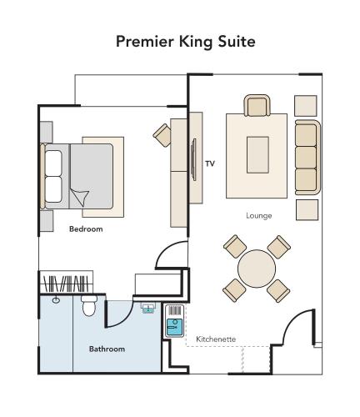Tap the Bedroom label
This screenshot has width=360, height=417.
pyautogui.click(x=86, y=229)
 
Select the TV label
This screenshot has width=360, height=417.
pyautogui.click(x=210, y=163)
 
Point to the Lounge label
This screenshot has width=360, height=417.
pyautogui.click(x=258, y=215)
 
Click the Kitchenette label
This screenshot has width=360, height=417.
pyautogui.click(x=216, y=339)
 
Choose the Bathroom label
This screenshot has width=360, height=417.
pyautogui.click(x=107, y=349)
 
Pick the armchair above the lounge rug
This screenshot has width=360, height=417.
pyautogui.click(x=257, y=106)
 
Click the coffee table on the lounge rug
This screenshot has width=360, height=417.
pyautogui.click(x=257, y=155)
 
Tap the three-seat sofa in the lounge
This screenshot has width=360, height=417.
pyautogui.click(x=307, y=157)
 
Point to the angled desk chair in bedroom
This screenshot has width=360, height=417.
pyautogui.click(x=161, y=133)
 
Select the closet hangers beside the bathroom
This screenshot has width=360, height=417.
pyautogui.click(x=66, y=283)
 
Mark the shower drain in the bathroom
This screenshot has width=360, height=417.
pyautogui.click(x=56, y=299)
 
